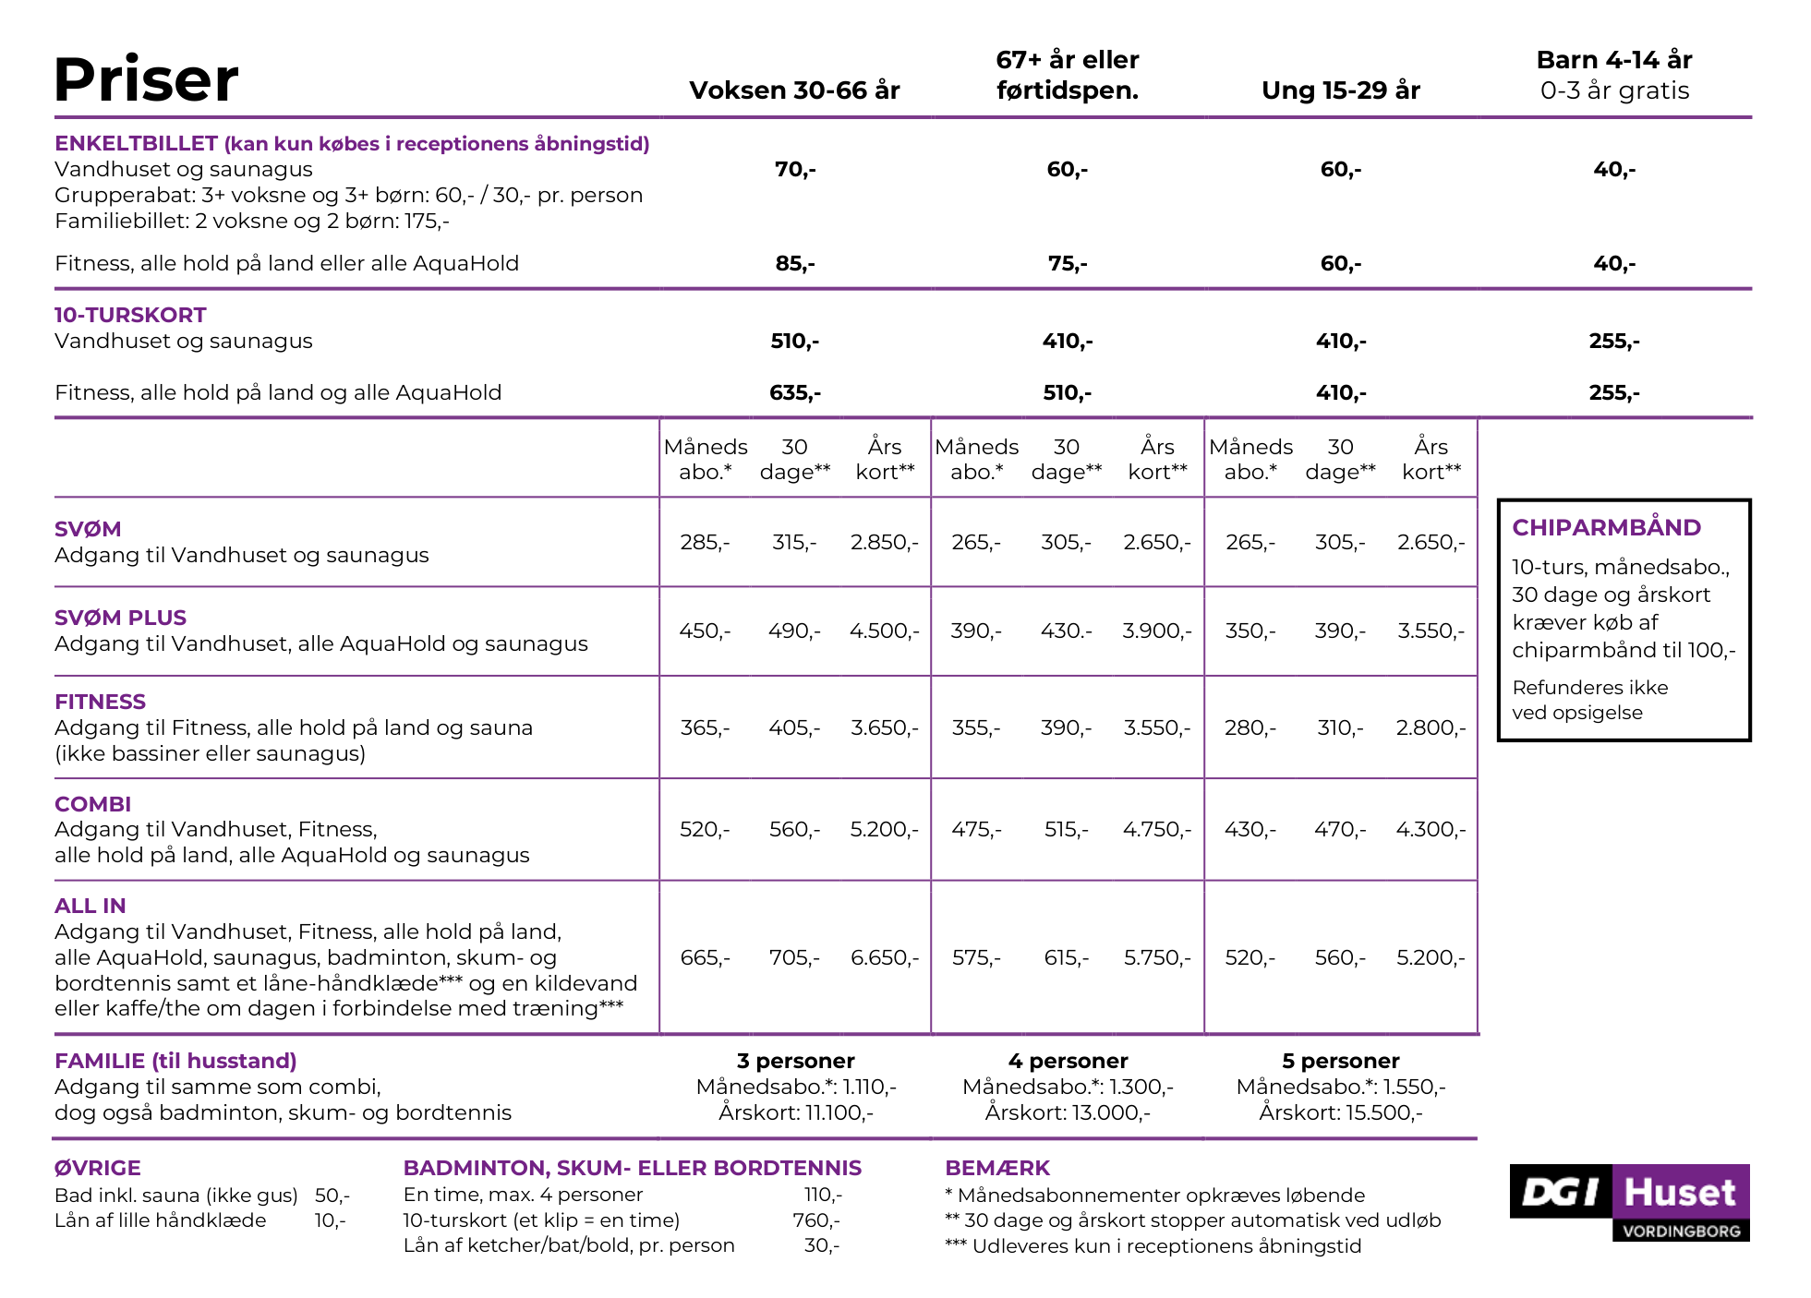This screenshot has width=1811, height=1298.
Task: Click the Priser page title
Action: tap(146, 79)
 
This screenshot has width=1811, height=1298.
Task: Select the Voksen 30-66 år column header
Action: tap(794, 90)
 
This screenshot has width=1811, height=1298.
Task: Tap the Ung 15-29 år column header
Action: tap(1340, 90)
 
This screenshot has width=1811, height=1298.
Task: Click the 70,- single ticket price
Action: tap(794, 169)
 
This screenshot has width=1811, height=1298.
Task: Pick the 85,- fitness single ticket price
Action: tap(794, 263)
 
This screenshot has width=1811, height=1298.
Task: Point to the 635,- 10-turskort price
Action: tap(794, 392)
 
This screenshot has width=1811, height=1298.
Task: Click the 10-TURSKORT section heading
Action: tap(130, 315)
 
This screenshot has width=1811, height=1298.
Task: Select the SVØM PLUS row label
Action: tap(120, 618)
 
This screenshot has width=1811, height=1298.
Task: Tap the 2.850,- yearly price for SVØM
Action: tap(884, 542)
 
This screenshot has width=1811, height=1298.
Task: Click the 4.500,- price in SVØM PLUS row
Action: tap(884, 631)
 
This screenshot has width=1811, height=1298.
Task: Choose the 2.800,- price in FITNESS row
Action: tap(1431, 727)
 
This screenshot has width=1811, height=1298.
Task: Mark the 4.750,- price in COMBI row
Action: tap(1157, 829)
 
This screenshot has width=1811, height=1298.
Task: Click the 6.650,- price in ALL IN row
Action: tap(884, 957)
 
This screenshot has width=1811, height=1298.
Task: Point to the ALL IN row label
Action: tap(90, 906)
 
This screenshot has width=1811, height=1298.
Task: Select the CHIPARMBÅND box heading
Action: tap(1606, 527)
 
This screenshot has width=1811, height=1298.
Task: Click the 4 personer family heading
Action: tap(1068, 1061)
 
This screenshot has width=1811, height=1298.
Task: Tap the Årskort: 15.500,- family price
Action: tap(1340, 1112)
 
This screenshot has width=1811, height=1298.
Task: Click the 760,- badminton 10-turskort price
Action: tap(815, 1220)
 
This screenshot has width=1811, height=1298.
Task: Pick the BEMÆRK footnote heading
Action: tap(997, 1168)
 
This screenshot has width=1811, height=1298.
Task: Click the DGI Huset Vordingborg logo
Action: tap(1629, 1202)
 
